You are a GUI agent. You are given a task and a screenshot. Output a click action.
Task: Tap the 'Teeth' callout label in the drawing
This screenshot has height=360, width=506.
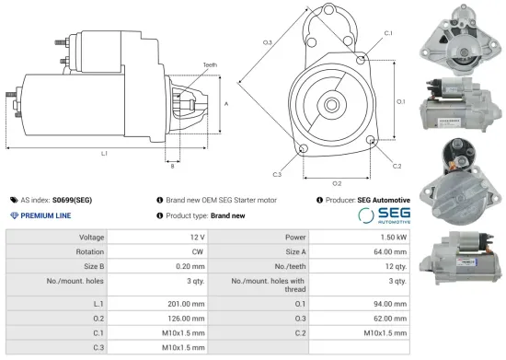click(211, 64)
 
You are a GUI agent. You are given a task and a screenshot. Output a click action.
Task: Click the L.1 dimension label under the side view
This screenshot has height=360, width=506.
click(104, 153)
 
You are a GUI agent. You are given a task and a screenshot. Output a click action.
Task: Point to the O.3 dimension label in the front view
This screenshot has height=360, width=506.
click(267, 43)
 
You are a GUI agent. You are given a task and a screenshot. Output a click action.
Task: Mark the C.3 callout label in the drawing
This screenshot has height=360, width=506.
click(277, 173)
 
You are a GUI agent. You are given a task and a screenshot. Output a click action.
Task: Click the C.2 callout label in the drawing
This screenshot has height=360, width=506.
click(397, 167)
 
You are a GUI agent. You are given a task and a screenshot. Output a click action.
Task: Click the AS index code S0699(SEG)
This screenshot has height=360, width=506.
click(72, 199)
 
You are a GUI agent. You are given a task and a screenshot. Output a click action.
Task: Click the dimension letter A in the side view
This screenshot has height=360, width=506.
click(225, 103)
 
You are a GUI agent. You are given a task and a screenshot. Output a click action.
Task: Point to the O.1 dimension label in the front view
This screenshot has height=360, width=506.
click(400, 101)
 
